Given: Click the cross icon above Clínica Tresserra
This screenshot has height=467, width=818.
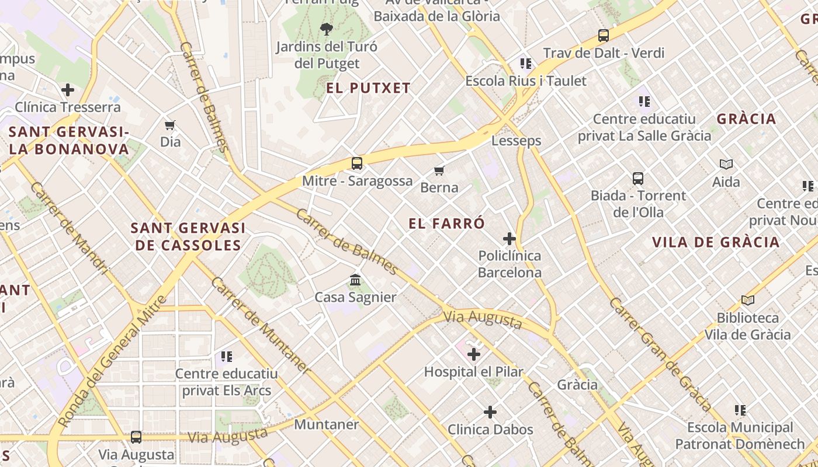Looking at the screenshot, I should (x=68, y=90).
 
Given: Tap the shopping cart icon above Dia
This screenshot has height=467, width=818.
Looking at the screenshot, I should (x=170, y=125).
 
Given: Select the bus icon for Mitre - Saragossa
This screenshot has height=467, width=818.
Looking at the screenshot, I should (x=356, y=163).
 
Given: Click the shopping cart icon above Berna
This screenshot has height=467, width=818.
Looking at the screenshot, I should (x=439, y=170).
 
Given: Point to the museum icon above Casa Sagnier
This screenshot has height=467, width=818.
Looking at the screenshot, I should (x=355, y=280).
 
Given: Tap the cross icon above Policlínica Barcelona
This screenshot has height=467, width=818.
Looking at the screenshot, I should (x=509, y=239).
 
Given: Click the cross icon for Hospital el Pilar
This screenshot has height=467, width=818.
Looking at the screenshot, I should (x=474, y=354).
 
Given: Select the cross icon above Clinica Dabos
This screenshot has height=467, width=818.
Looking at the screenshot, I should (x=490, y=412).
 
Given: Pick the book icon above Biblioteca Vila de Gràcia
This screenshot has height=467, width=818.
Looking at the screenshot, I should (x=747, y=301).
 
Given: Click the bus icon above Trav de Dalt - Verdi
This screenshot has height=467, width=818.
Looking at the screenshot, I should (x=604, y=36).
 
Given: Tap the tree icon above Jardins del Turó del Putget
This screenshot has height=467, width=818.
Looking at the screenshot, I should (x=327, y=29).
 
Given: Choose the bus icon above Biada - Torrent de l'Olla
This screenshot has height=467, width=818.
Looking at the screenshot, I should (x=637, y=178).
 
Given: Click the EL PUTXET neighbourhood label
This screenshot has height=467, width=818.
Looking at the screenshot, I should (x=368, y=88).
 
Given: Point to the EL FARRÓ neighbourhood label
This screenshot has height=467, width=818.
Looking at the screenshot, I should (x=447, y=223).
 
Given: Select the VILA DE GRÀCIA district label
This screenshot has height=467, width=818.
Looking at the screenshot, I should (x=716, y=242).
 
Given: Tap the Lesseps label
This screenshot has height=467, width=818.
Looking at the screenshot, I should (x=516, y=141).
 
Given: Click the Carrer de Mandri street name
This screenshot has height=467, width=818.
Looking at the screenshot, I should (x=70, y=228).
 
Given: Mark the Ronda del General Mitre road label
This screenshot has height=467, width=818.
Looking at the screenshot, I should (x=112, y=363).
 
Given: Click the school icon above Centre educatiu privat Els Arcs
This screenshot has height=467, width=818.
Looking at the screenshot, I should (x=227, y=356).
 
